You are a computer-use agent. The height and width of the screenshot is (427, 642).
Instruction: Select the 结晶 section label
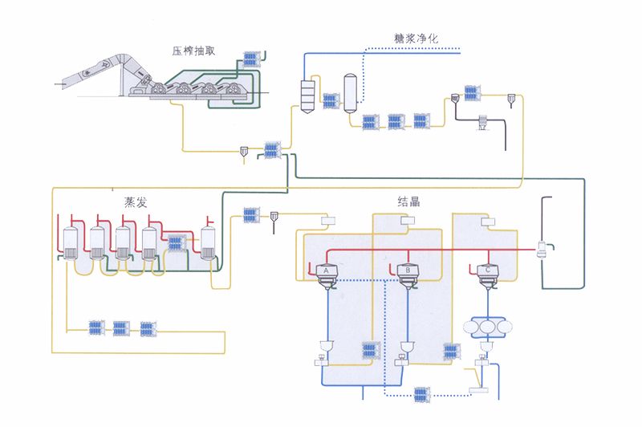408,201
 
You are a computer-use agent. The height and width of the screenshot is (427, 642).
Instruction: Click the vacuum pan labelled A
327,274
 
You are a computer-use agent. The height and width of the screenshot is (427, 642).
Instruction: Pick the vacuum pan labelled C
489,274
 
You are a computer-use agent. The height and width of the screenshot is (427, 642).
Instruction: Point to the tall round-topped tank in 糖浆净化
350,91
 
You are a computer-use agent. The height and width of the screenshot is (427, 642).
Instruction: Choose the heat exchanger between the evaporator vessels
177,242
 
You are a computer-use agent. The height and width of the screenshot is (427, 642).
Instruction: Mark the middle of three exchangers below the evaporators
120,327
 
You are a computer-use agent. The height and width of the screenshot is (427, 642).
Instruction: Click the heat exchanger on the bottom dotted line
421,394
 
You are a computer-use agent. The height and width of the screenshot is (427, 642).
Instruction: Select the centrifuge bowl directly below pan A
326,346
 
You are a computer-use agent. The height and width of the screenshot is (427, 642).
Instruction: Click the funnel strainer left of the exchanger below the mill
244,150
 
